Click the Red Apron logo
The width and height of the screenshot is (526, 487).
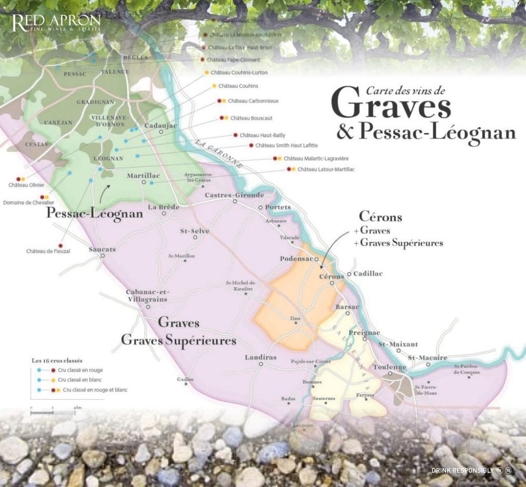(56, 24)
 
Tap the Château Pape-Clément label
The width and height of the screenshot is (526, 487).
(234, 60)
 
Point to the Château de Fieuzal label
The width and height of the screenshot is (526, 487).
(48, 251)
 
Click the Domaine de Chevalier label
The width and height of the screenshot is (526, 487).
(29, 203)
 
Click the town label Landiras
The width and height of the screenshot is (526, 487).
(260, 357)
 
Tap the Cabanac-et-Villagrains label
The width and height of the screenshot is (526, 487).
(146, 295)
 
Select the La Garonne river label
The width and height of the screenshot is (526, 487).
(218, 153)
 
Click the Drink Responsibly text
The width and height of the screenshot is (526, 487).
(462, 470)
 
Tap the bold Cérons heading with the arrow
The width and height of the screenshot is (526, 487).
(380, 217)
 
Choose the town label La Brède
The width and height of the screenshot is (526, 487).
(160, 207)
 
